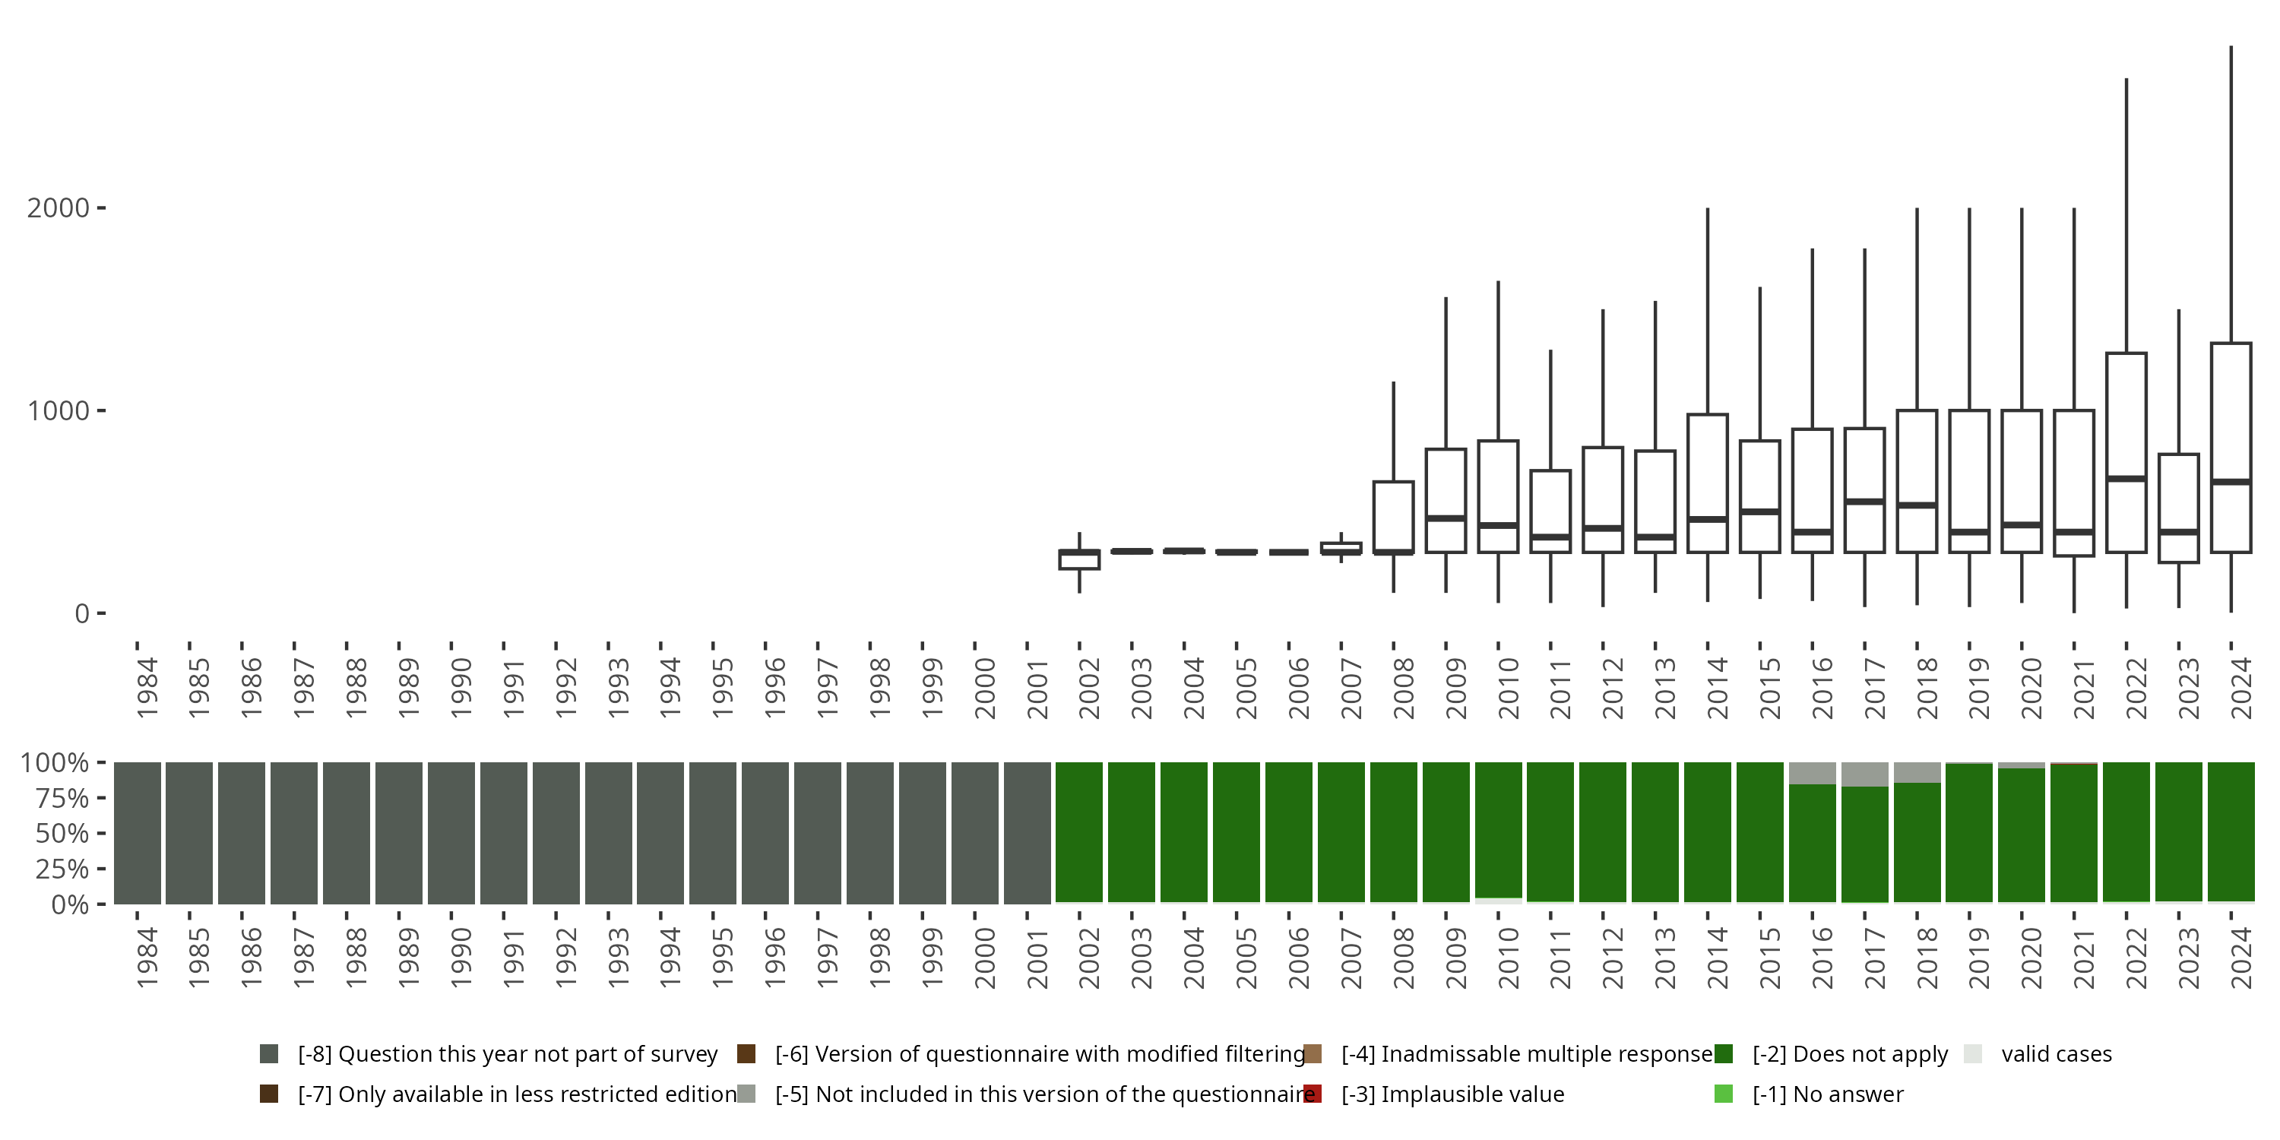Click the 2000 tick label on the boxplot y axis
tap(58, 208)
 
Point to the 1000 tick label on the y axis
tap(58, 410)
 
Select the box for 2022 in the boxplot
tap(2125, 416)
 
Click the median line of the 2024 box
tap(2231, 482)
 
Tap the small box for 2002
tap(1079, 560)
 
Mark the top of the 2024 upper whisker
tap(2231, 47)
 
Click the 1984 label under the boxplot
tap(147, 687)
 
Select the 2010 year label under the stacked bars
tap(1508, 958)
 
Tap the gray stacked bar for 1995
tap(713, 833)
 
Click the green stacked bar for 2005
tap(1237, 833)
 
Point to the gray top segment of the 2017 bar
tap(1864, 774)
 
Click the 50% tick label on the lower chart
tap(62, 834)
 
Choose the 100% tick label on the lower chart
tap(55, 763)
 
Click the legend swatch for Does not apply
tap(1723, 1054)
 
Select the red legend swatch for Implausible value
tap(1313, 1094)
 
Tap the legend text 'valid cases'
tap(2056, 1054)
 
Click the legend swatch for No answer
tap(1723, 1094)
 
